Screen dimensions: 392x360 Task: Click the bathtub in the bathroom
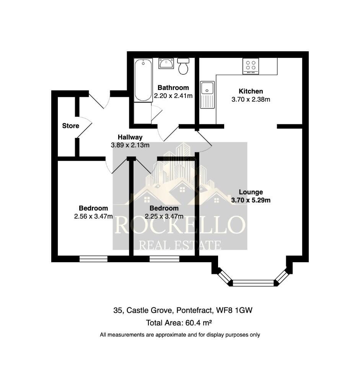click(x=143, y=80)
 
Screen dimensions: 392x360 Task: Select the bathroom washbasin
click(x=166, y=64)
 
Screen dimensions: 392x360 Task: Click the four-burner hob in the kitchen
click(x=251, y=66)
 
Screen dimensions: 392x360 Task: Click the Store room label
click(x=71, y=126)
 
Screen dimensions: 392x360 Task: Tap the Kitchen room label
click(x=251, y=91)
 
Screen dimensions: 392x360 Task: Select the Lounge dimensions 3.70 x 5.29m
click(x=251, y=200)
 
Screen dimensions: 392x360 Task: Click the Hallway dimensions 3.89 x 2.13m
click(x=130, y=145)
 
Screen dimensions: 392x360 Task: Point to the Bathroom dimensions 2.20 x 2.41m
click(x=173, y=96)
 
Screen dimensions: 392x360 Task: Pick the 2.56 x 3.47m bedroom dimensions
click(x=93, y=216)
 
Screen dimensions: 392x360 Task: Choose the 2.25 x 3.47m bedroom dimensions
click(x=164, y=217)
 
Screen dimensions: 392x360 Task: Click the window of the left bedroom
click(x=93, y=259)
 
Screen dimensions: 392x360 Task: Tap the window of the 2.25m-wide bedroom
click(x=164, y=259)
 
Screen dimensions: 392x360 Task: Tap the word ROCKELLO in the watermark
click(x=179, y=225)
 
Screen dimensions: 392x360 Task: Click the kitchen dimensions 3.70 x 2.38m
click(x=251, y=100)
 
